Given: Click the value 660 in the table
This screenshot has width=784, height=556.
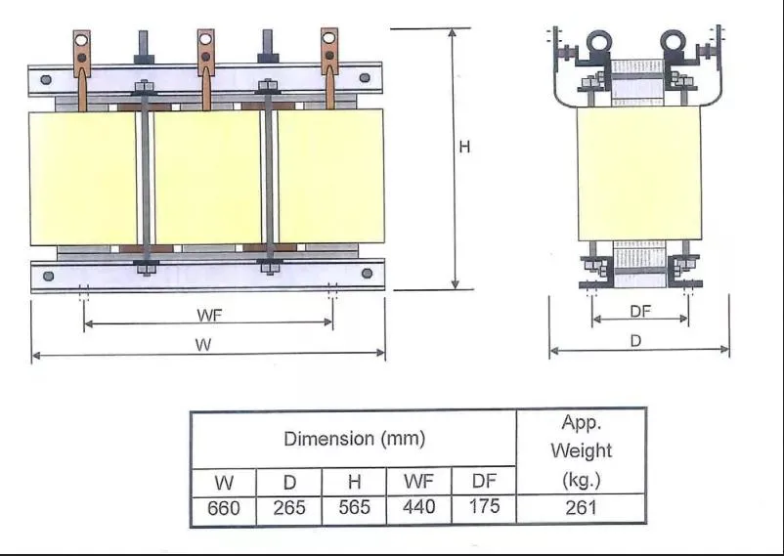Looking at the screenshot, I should click(x=224, y=508).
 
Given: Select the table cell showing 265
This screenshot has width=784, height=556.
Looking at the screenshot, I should click(x=288, y=508).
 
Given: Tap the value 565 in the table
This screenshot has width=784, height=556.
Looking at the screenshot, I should click(x=354, y=508).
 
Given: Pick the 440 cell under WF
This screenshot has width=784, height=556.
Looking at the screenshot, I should click(x=419, y=508).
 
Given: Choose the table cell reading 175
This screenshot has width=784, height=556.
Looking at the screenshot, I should click(x=484, y=507).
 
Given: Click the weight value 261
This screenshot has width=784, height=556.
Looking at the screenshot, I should click(x=581, y=508).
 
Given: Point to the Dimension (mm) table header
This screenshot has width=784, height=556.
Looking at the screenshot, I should click(x=354, y=439).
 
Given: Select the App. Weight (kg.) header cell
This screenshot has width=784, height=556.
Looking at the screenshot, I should click(x=581, y=450).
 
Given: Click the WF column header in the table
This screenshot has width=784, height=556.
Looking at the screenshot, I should click(x=419, y=481).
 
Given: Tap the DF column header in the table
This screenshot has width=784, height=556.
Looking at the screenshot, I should click(x=484, y=481).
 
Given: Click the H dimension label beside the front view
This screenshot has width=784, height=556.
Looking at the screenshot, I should click(x=465, y=147).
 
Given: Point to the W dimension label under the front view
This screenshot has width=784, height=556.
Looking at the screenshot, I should click(x=204, y=345).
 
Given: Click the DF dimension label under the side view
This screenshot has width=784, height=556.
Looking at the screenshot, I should click(x=640, y=311).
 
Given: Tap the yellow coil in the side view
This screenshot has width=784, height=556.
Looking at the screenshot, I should click(x=638, y=173).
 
